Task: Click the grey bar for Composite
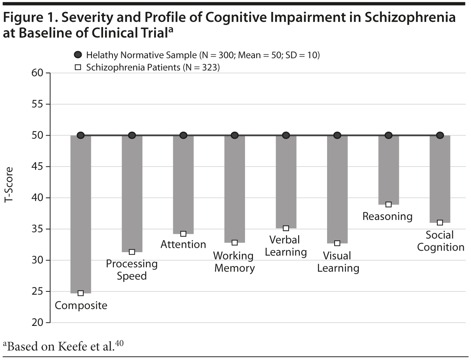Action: [x=80, y=214]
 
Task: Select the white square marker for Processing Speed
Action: [x=132, y=252]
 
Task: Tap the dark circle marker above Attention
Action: [x=183, y=135]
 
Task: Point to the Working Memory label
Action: [x=234, y=262]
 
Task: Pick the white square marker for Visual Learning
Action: [x=337, y=243]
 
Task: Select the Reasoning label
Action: [x=387, y=216]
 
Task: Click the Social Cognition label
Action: [x=440, y=241]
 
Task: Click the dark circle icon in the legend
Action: [x=78, y=55]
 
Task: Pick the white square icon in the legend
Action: [x=78, y=67]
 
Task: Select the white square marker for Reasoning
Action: [x=389, y=205]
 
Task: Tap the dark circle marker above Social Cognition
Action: [x=440, y=135]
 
